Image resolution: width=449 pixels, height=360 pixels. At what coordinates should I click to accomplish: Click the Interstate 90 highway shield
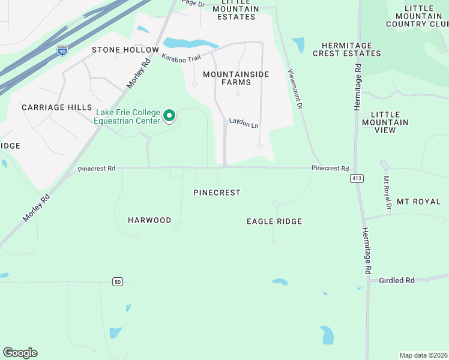62,51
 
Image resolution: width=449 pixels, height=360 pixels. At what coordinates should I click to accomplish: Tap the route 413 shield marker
357,178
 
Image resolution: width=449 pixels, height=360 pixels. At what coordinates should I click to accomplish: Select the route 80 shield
118,281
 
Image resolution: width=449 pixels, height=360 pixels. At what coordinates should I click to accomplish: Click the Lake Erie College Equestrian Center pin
170,115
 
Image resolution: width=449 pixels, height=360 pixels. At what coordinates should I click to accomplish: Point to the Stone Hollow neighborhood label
125,50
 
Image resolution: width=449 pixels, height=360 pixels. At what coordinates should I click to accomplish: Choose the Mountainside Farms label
236,78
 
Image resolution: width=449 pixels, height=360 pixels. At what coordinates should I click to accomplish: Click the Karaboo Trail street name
181,58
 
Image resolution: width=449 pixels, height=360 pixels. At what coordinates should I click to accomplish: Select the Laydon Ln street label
243,125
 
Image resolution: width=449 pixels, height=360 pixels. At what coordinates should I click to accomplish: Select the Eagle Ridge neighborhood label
274,221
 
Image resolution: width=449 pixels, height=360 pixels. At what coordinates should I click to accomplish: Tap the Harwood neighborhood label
149,220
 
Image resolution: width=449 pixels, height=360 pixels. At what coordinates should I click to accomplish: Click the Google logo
20,353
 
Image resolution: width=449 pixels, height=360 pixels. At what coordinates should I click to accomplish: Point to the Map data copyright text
424,355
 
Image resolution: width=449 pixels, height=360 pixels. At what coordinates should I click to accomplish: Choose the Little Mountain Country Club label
417,16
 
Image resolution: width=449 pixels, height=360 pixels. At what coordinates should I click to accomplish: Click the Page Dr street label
193,3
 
